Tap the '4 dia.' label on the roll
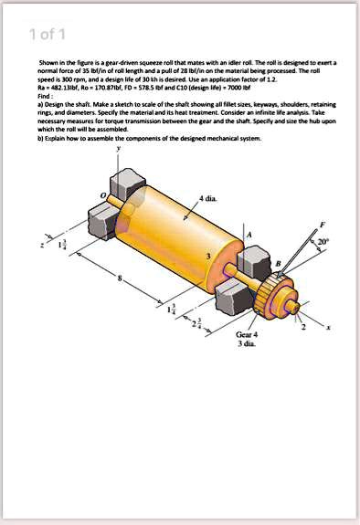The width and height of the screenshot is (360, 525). pos(207,199)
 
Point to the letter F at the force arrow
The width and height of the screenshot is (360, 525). pos(320,224)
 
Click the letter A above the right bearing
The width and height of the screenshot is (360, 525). pos(246,235)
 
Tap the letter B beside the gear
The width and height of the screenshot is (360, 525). pos(278,264)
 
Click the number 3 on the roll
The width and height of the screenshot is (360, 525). pos(207,258)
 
